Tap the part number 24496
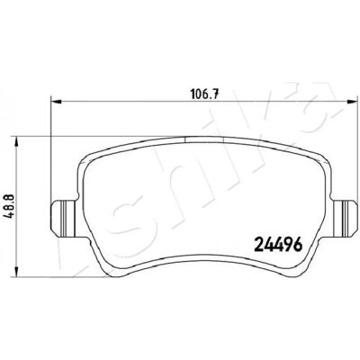(x=278, y=245)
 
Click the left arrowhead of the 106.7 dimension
(x=57, y=102)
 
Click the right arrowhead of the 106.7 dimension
(x=350, y=102)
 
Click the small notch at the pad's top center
(x=205, y=139)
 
